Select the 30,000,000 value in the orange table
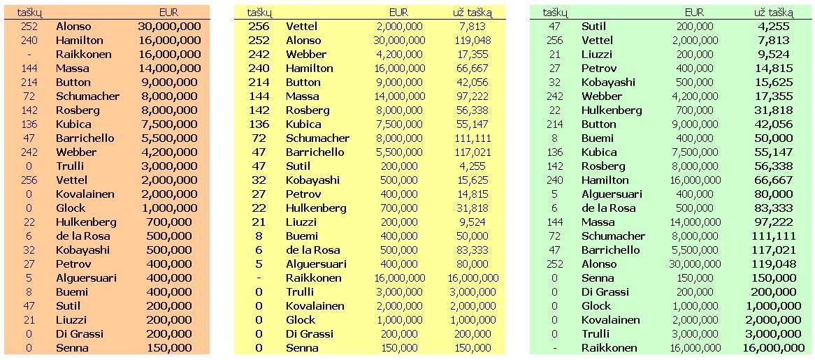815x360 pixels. [170, 27]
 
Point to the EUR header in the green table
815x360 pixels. [694, 13]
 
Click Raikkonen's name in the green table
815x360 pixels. [609, 348]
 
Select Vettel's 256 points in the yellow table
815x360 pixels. [259, 27]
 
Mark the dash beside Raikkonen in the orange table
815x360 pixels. [29, 55]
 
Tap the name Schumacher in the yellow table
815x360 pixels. [317, 138]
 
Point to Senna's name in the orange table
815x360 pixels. [72, 348]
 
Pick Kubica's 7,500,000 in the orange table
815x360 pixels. [170, 124]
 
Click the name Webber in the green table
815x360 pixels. [602, 96]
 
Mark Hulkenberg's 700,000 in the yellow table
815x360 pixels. [398, 208]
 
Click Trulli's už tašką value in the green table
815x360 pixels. [773, 334]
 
